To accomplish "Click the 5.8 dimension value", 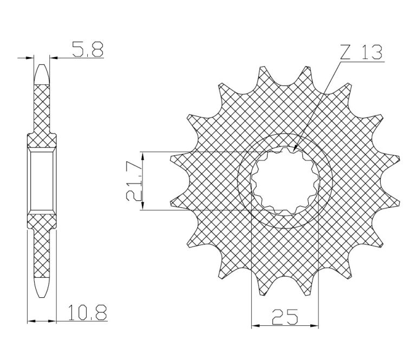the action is tap(87, 49).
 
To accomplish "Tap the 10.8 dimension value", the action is tap(87, 312).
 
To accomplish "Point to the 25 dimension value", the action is tap(285, 317).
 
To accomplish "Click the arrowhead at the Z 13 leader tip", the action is tap(295, 149).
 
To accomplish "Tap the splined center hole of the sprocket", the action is tap(285, 181).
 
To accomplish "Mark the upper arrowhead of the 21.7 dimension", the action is tap(143, 156).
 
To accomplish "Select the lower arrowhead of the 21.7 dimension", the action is tap(143, 206).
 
